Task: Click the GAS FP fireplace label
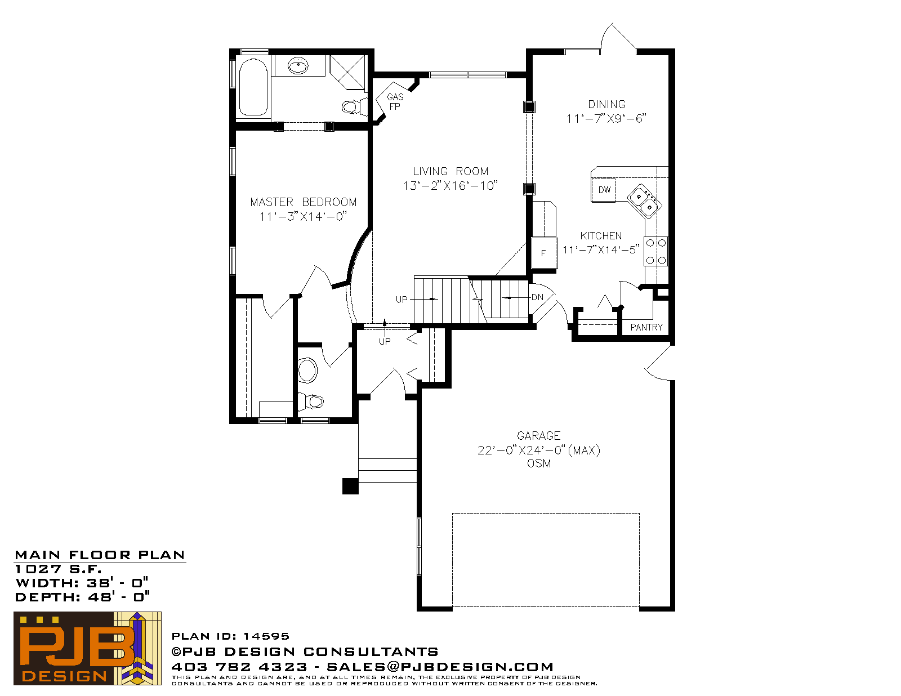tap(395, 101)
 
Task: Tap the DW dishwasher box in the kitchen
tap(603, 190)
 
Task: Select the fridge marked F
tap(544, 253)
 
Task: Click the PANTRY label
tap(646, 327)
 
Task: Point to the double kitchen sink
tap(644, 201)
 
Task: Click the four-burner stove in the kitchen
tap(656, 251)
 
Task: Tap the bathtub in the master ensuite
tap(253, 87)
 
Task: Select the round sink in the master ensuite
tap(298, 65)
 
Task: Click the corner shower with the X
tap(347, 72)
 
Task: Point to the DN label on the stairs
tap(537, 297)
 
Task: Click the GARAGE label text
tap(538, 436)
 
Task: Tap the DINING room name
tap(606, 105)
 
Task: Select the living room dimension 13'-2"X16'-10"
tap(450, 185)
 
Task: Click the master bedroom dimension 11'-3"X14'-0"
tap(303, 216)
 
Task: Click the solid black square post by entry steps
tap(350, 486)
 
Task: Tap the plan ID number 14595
tap(266, 636)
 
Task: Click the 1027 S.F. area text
tap(58, 569)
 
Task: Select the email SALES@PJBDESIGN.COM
tap(440, 667)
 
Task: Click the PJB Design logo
tap(87, 648)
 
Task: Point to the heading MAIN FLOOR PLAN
tap(100, 555)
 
